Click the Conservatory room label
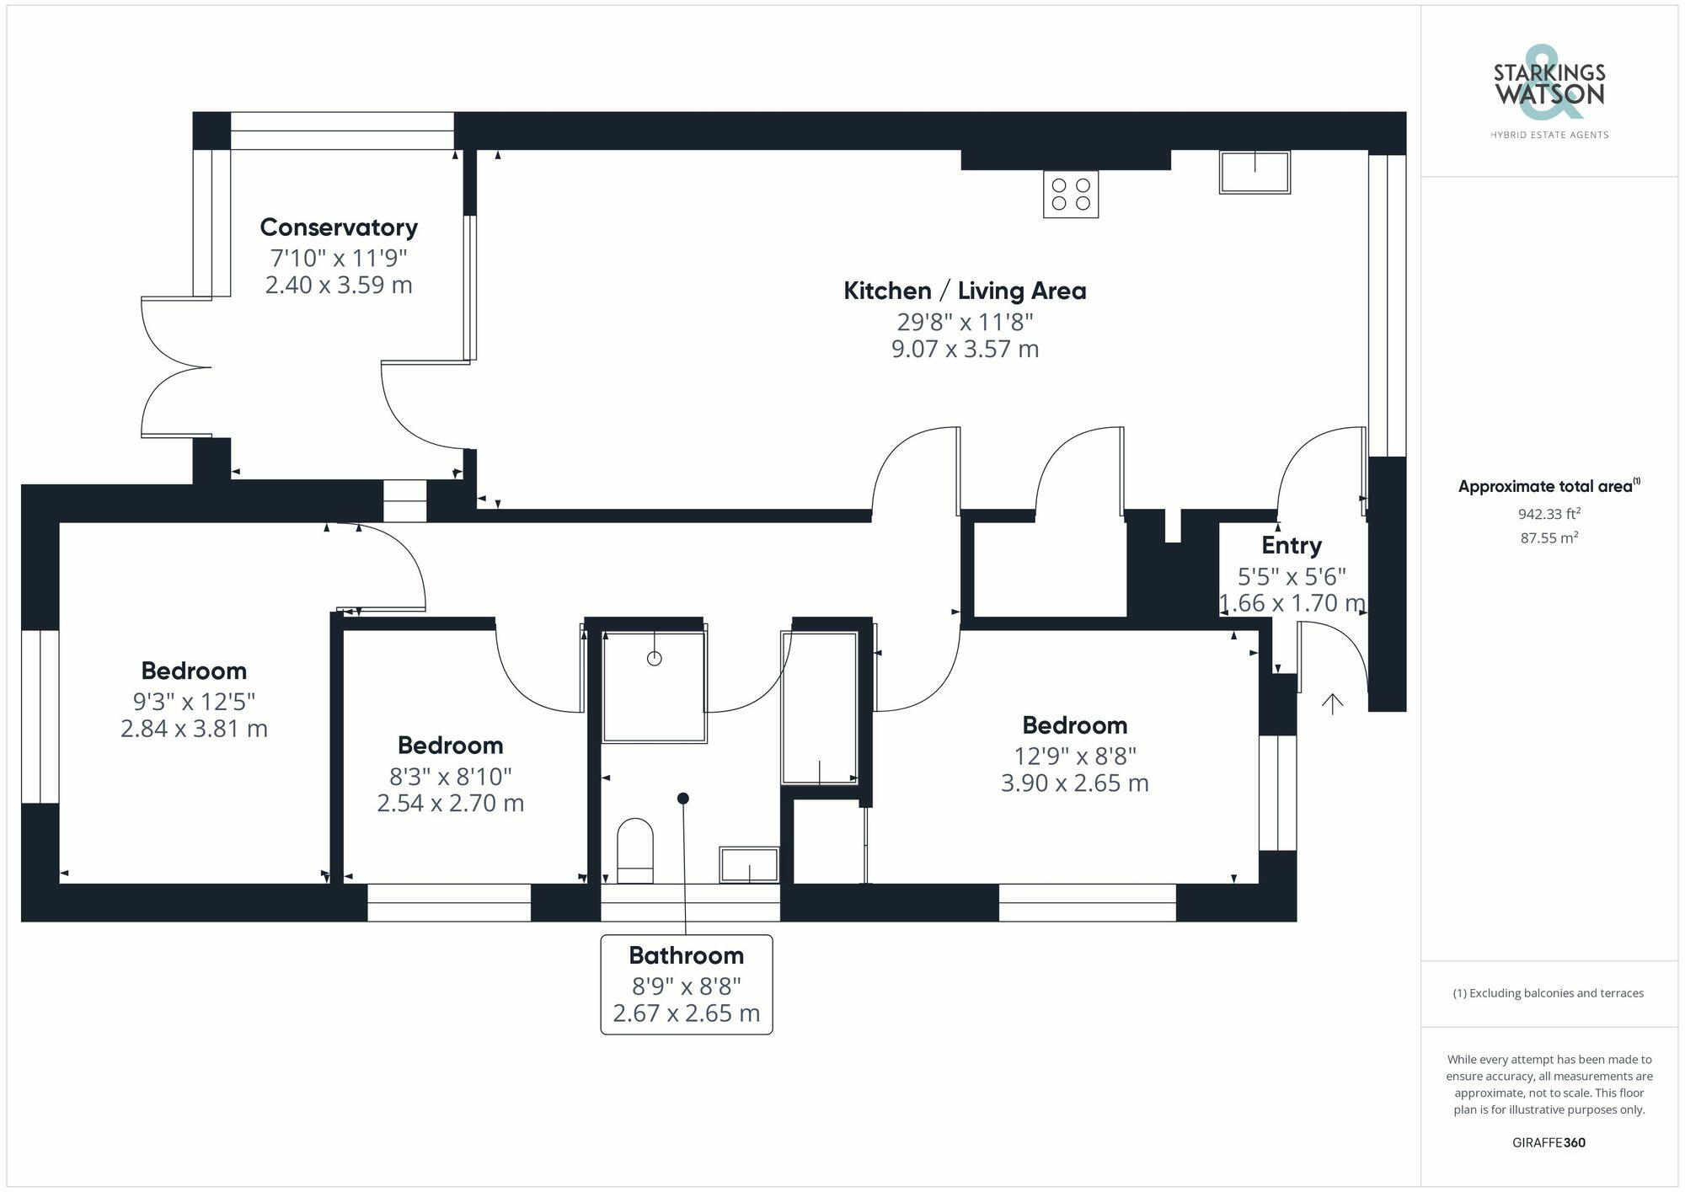coord(339,227)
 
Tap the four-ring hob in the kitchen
coord(1070,195)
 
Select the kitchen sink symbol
coord(1254,172)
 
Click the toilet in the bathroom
coord(635,851)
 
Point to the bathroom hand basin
coord(748,865)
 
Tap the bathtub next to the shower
coord(819,708)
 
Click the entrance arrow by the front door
coord(1332,703)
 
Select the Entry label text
coord(1291,546)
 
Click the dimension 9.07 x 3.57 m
coord(965,349)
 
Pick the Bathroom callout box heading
coord(686,955)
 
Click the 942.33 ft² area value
coord(1549,514)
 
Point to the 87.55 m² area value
coord(1549,537)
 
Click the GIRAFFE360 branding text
coord(1549,1143)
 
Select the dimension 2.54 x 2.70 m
coord(450,803)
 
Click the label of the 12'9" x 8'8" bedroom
coord(1074,725)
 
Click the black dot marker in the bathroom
coord(683,798)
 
